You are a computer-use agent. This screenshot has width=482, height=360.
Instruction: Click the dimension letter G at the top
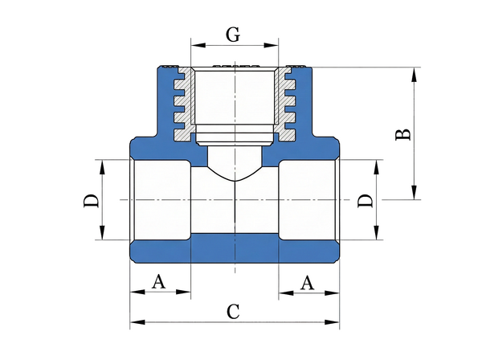[x=233, y=34]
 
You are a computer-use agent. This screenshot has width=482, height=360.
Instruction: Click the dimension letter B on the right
[x=402, y=133]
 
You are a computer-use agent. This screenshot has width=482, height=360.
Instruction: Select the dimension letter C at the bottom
[x=233, y=312]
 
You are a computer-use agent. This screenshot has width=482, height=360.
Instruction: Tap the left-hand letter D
[x=92, y=200]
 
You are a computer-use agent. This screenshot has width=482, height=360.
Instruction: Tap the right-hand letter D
[x=365, y=200]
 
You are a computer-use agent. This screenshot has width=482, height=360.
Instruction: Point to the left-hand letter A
[x=158, y=281]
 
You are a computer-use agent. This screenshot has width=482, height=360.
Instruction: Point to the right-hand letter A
[x=308, y=283]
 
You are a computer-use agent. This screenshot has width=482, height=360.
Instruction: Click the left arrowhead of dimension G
[x=198, y=45]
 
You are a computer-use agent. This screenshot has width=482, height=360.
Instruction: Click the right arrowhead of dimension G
[x=272, y=45]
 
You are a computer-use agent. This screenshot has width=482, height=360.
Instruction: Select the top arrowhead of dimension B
[x=415, y=75]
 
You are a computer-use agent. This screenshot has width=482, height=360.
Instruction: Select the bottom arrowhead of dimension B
[x=415, y=192]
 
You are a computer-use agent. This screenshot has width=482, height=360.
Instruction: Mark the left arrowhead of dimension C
[x=137, y=322]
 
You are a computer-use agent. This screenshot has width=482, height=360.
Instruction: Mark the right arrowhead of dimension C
[x=332, y=322]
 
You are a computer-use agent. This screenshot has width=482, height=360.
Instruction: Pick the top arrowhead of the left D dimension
[x=102, y=167]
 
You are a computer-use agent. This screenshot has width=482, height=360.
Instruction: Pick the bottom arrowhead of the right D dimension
[x=376, y=232]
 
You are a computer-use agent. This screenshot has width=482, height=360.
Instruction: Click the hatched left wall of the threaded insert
[x=185, y=104]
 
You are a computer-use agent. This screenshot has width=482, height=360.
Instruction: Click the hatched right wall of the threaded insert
[x=285, y=104]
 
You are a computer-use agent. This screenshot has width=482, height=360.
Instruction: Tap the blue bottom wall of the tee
[x=235, y=248]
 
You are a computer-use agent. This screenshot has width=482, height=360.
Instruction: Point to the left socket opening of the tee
[x=160, y=200]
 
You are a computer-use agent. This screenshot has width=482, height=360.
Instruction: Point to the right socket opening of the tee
[x=309, y=200]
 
